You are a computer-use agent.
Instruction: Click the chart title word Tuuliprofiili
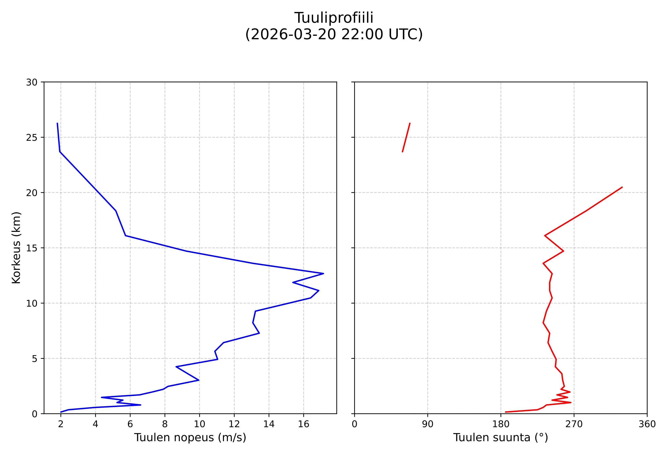[x=334, y=18]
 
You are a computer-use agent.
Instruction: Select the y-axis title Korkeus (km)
[x=16, y=248]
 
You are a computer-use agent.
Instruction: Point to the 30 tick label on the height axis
[x=32, y=83]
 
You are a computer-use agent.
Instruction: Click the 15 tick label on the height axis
[x=32, y=248]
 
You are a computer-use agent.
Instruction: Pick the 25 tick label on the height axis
[x=32, y=138]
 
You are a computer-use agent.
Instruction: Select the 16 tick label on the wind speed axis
[x=303, y=425]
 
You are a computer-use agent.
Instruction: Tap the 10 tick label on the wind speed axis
[x=199, y=425]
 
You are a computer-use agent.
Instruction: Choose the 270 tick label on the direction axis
[x=574, y=425]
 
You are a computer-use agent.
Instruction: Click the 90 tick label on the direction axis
[x=427, y=425]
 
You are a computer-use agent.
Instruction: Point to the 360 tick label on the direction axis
[x=647, y=425]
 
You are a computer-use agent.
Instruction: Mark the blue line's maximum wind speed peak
[x=323, y=274]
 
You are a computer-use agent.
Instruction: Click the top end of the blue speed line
[x=57, y=123]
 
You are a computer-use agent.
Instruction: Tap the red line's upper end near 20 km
[x=622, y=187]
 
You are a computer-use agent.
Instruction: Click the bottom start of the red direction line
[x=506, y=412]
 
